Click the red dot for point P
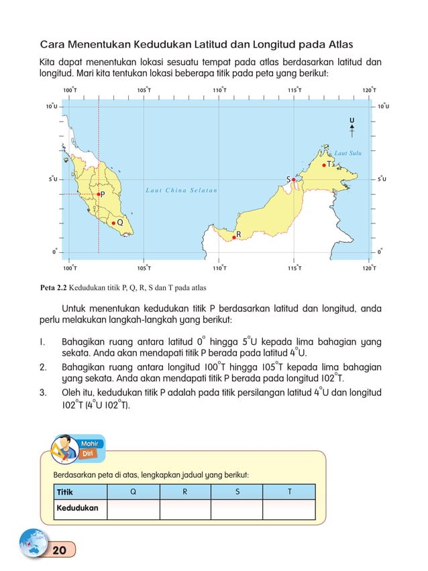(x=98, y=194)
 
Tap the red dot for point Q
(x=114, y=222)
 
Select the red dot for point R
(x=233, y=236)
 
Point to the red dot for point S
(x=294, y=179)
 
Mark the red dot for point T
(x=324, y=164)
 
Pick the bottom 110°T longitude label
(x=219, y=268)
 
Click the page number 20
(x=59, y=550)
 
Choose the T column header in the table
(x=288, y=491)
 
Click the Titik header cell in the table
(x=65, y=491)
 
